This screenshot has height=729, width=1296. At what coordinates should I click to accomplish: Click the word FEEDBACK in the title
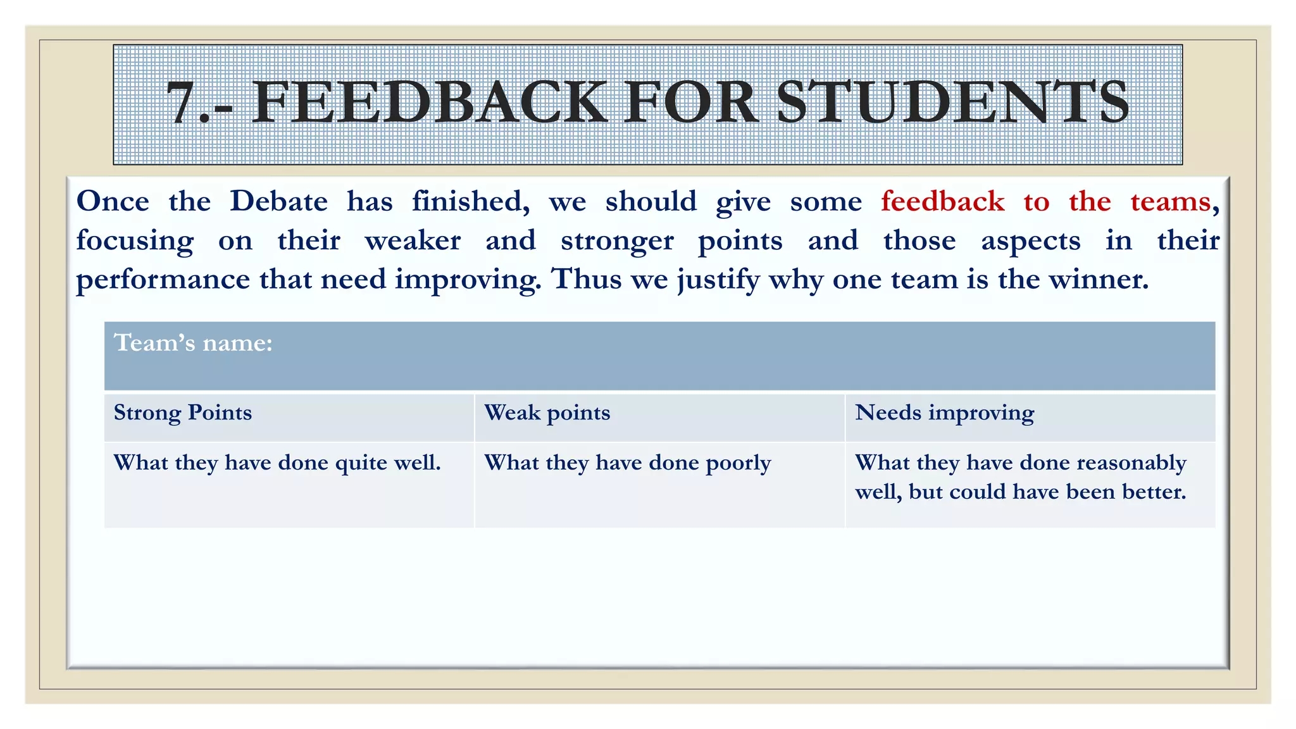[430, 103]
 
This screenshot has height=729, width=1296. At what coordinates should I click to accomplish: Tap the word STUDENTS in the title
[952, 103]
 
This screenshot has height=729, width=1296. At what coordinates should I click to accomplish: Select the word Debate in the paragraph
[278, 202]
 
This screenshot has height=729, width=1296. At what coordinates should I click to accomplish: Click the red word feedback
[942, 202]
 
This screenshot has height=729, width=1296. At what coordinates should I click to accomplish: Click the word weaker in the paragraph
[413, 241]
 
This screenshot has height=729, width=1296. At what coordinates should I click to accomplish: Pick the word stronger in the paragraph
[617, 241]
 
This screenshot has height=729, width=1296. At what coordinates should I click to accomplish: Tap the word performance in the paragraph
[163, 280]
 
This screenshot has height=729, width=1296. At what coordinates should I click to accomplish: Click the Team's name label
[193, 343]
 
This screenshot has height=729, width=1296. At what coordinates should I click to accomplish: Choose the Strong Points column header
[183, 413]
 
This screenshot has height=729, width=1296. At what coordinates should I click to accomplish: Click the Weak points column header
[547, 413]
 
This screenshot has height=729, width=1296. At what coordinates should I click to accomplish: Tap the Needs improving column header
[945, 413]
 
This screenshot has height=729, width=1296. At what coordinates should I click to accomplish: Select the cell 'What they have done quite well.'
[277, 463]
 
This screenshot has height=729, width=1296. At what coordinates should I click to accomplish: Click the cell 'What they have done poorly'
[628, 463]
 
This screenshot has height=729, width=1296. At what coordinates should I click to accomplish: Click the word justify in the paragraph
[719, 280]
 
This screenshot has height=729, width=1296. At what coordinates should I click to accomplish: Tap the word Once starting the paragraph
[113, 202]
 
